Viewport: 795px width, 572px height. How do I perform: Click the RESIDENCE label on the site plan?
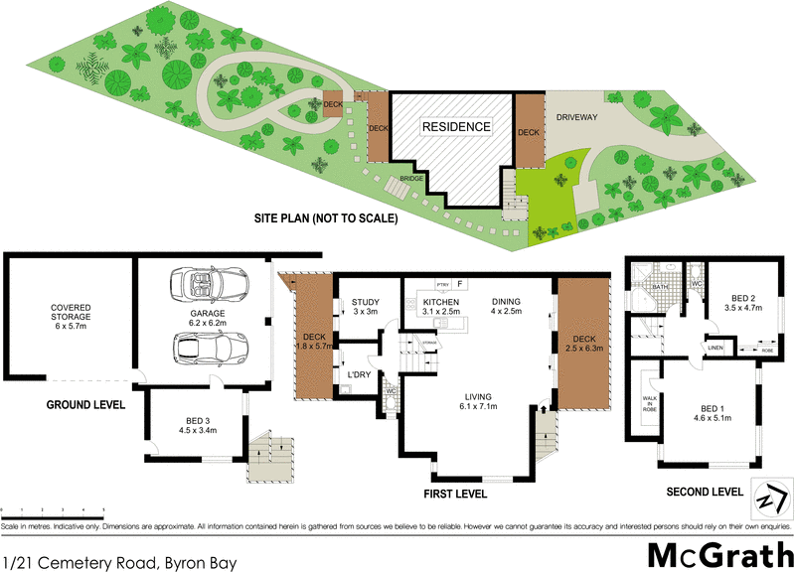click(456, 127)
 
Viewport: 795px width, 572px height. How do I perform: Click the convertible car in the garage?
click(210, 285)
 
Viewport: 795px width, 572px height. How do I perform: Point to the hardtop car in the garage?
click(210, 349)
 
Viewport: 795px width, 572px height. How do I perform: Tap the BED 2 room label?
click(743, 303)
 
